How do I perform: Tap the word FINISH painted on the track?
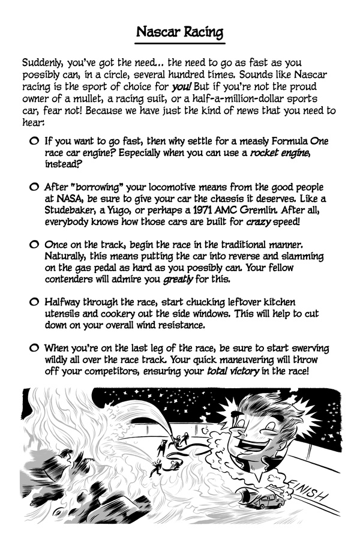pos(307,491)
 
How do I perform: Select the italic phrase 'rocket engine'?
pos(280,154)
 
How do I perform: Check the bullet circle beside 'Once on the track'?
pos(34,245)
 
